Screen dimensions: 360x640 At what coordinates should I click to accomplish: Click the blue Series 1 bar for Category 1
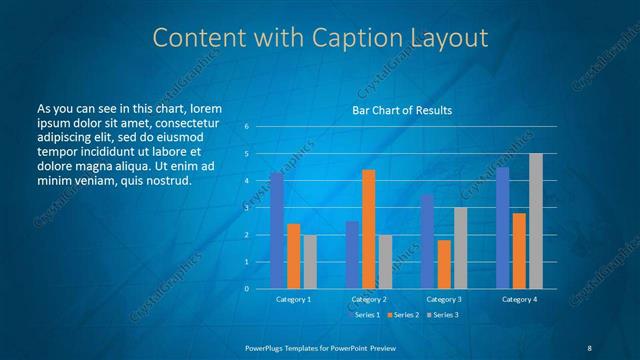coord(277,230)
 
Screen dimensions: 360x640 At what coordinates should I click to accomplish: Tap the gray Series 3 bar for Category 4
coord(536,221)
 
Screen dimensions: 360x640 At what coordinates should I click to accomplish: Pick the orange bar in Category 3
coord(443,264)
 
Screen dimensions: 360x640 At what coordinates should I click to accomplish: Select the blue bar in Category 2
coord(352,255)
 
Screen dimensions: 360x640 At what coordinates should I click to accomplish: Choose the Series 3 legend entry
coord(443,314)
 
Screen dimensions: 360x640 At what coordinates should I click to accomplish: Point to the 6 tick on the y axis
coord(247,127)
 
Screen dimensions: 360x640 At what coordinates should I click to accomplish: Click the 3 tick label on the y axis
coord(247,208)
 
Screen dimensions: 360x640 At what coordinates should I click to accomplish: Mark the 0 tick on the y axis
coord(247,289)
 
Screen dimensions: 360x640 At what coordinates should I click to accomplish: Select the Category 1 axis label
coord(293,299)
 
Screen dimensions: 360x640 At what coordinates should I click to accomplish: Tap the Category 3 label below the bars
coord(444,299)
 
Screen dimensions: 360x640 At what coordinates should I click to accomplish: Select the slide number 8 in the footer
coord(588,346)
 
